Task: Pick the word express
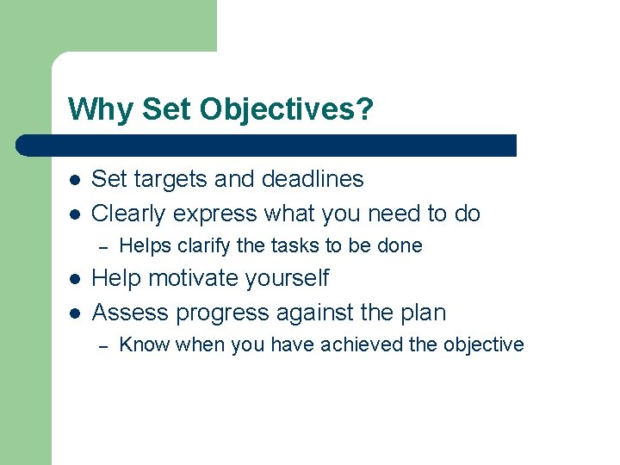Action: coord(217,214)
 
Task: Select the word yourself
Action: coord(286,278)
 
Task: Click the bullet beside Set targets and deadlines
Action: coord(75,180)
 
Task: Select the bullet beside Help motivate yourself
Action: coord(75,279)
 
